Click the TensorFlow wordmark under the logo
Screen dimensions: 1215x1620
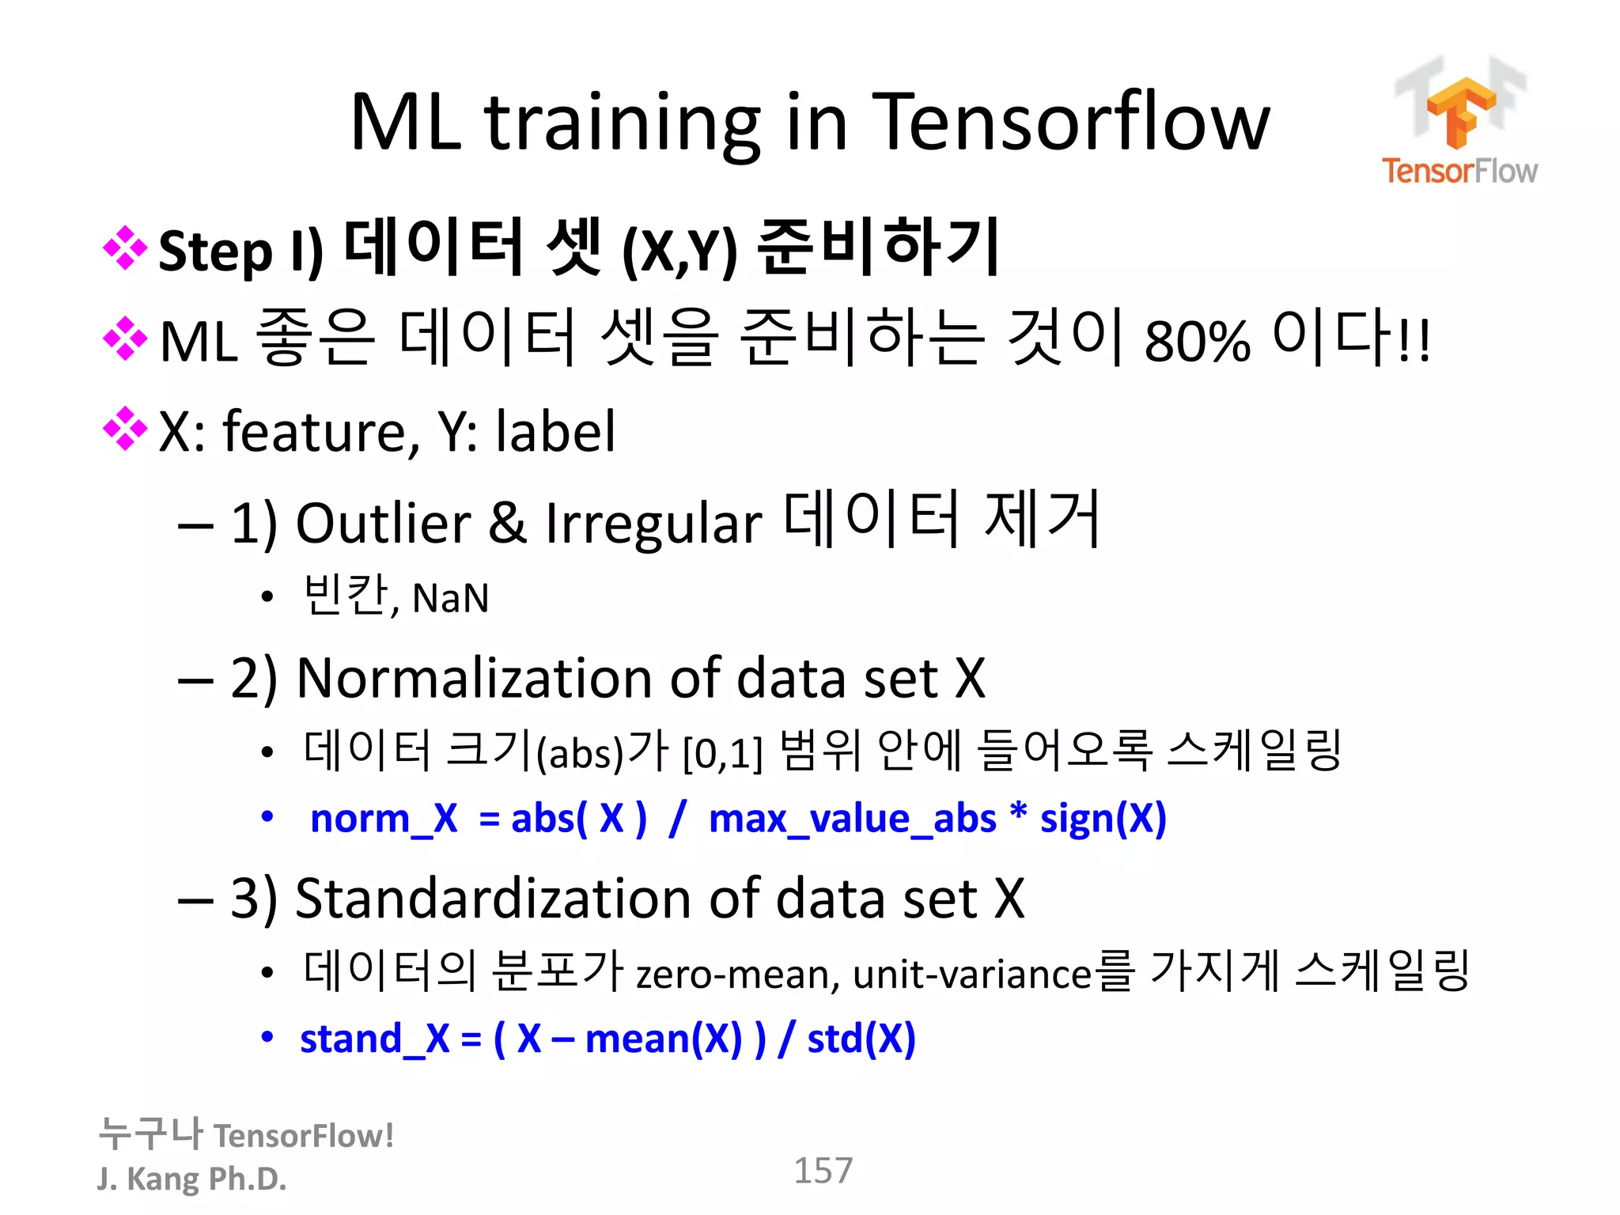1459,171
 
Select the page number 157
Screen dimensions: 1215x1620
823,1170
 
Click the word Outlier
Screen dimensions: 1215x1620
383,523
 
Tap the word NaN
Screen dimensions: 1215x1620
450,598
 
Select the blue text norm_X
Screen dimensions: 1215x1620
384,818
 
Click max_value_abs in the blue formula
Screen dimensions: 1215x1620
852,818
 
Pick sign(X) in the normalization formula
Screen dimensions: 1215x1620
1103,818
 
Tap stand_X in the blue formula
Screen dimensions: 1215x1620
374,1039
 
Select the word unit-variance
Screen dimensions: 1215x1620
972,975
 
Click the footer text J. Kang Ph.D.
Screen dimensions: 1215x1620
191,1179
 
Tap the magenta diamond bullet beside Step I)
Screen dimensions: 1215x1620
125,248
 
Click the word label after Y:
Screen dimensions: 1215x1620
555,432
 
